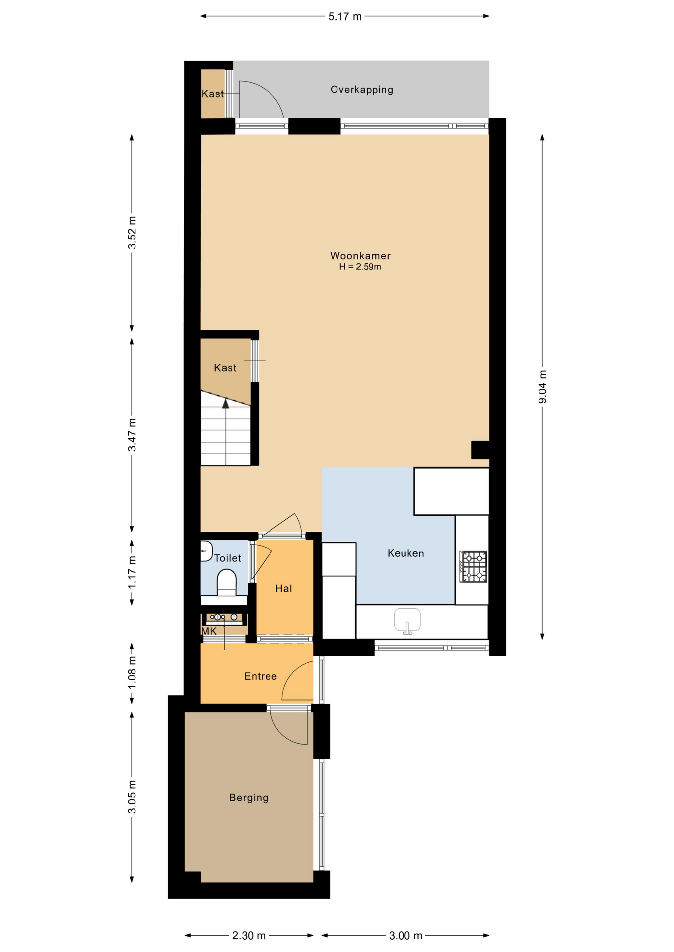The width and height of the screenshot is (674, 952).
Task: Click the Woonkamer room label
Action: pos(360,256)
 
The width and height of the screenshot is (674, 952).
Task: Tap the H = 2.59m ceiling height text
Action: pos(360,267)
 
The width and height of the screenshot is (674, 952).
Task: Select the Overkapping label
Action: pos(362,90)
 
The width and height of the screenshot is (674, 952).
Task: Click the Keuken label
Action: pos(405,553)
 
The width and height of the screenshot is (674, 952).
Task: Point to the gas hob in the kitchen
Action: pos(473,566)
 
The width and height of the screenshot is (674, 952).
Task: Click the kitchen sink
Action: pos(407,621)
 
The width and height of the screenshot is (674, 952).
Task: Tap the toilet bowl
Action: pos(227,583)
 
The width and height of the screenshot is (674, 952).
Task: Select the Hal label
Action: pos(284,589)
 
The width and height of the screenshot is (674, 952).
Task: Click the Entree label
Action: pos(261,676)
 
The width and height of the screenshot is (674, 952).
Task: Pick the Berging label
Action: pos(249,798)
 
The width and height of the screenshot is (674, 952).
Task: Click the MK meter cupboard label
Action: pos(209,631)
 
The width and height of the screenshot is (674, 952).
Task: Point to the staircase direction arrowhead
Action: pos(226,404)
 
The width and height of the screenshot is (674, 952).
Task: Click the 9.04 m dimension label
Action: pos(543,387)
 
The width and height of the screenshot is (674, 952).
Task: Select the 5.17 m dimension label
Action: pos(345,17)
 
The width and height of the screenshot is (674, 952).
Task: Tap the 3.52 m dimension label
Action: pos(132,233)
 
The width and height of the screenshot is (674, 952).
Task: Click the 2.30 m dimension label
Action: pos(249,936)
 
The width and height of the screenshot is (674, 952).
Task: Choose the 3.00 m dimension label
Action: pos(405,936)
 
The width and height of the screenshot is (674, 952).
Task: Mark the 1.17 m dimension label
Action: pos(132,573)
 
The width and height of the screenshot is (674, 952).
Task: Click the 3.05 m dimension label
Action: pos(132,797)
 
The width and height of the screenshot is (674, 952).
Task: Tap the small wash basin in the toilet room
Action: pos(206,551)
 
